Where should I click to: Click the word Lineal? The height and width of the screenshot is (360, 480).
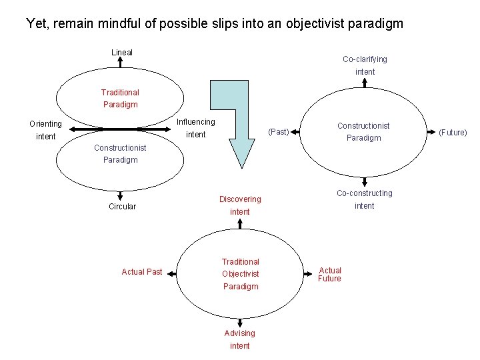click(x=121, y=52)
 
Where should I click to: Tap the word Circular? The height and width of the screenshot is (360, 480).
click(x=122, y=207)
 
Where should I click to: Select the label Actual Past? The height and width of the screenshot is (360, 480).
click(x=141, y=272)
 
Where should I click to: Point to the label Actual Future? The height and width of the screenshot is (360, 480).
click(x=329, y=274)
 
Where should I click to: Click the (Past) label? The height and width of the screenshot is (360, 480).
click(x=278, y=131)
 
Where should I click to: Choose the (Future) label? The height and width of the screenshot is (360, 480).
click(x=453, y=132)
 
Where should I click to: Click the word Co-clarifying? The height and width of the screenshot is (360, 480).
click(x=365, y=59)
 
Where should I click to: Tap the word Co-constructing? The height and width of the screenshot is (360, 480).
click(x=365, y=193)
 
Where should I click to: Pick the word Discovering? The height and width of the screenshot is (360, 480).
click(x=240, y=199)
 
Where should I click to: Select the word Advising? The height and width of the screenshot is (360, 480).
click(x=239, y=333)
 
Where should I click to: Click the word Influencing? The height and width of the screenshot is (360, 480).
click(x=195, y=122)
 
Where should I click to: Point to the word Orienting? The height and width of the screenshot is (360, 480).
click(x=45, y=124)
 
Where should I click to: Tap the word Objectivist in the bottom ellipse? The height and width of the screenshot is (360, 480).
click(x=240, y=274)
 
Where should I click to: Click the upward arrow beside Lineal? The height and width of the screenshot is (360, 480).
click(x=120, y=62)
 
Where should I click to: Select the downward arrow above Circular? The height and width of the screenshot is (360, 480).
click(x=120, y=195)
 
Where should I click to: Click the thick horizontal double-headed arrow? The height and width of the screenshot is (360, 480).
click(x=120, y=129)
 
